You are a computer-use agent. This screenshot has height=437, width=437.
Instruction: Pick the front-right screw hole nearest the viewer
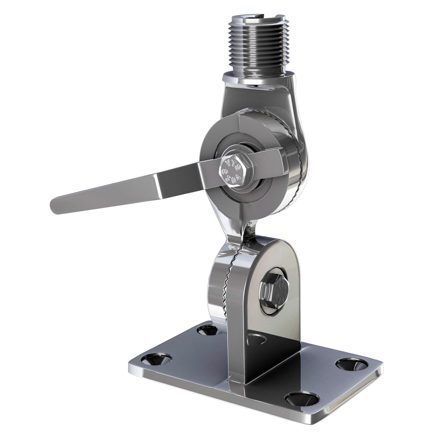302,398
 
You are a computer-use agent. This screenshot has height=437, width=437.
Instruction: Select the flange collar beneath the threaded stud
258,79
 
